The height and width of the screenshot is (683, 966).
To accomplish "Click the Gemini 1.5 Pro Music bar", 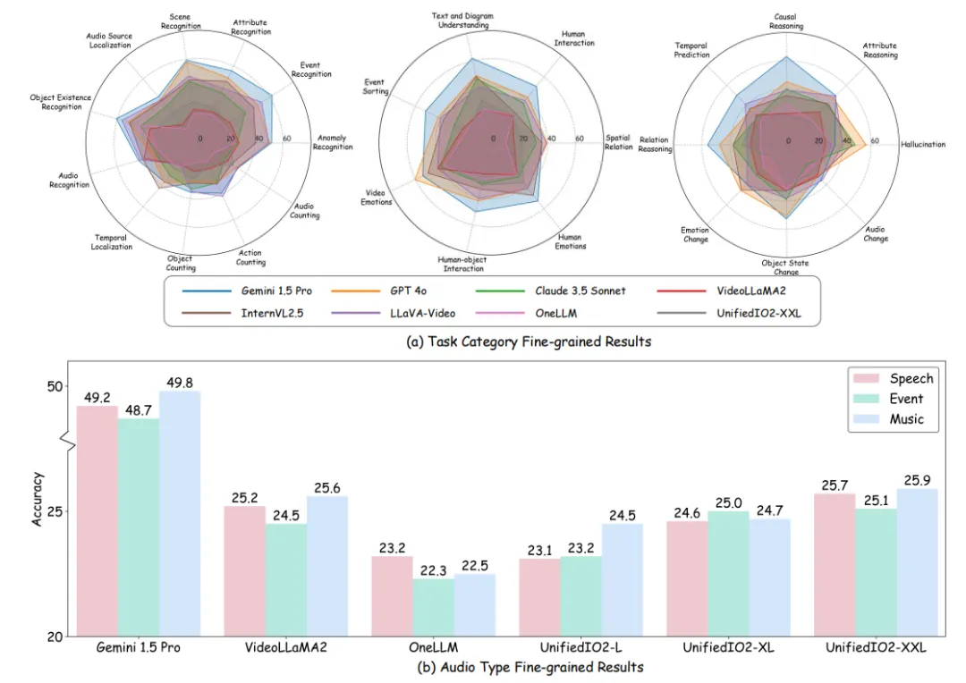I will pyautogui.click(x=180, y=513).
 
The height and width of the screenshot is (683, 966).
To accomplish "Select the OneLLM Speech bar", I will pyautogui.click(x=391, y=595).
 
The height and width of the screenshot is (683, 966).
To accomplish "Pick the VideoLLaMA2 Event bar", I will pyautogui.click(x=286, y=579).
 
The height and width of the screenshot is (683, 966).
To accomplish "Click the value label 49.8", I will pyautogui.click(x=180, y=382).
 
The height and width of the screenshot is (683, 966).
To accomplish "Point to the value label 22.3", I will pyautogui.click(x=433, y=569).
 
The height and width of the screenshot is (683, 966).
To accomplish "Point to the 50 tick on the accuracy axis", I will pyautogui.click(x=56, y=386).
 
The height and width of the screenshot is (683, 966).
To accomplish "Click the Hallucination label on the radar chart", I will pyautogui.click(x=923, y=144).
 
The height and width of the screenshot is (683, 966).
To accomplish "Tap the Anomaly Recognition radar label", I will pyautogui.click(x=332, y=142).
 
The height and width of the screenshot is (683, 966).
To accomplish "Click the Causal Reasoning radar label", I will pyautogui.click(x=786, y=21).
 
